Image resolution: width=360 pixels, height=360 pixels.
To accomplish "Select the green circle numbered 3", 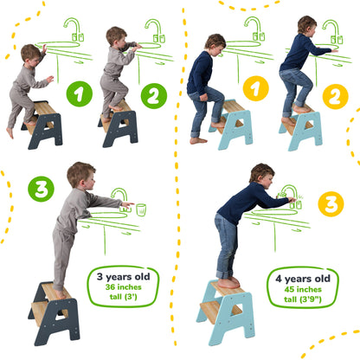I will [x=41, y=187].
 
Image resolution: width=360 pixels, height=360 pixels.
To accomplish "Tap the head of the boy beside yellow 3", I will [x=260, y=176].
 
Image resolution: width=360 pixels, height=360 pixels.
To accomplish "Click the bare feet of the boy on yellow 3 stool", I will [x=227, y=283].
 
